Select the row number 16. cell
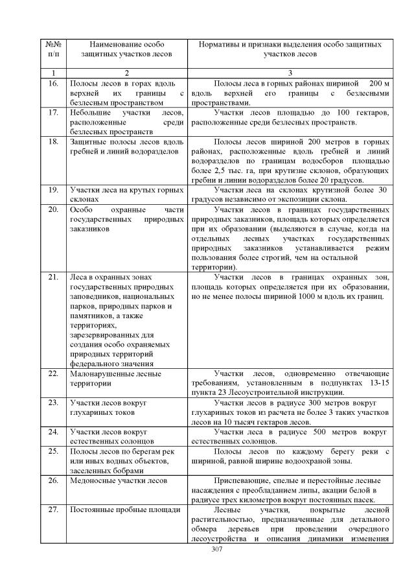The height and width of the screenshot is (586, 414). point(54,84)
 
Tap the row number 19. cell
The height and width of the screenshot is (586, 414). point(54,189)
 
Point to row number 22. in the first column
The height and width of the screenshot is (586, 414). point(54,374)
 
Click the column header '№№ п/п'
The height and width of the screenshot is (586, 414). point(54,49)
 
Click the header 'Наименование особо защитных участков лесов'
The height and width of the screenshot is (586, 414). point(126,49)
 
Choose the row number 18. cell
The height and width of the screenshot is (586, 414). point(54,141)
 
